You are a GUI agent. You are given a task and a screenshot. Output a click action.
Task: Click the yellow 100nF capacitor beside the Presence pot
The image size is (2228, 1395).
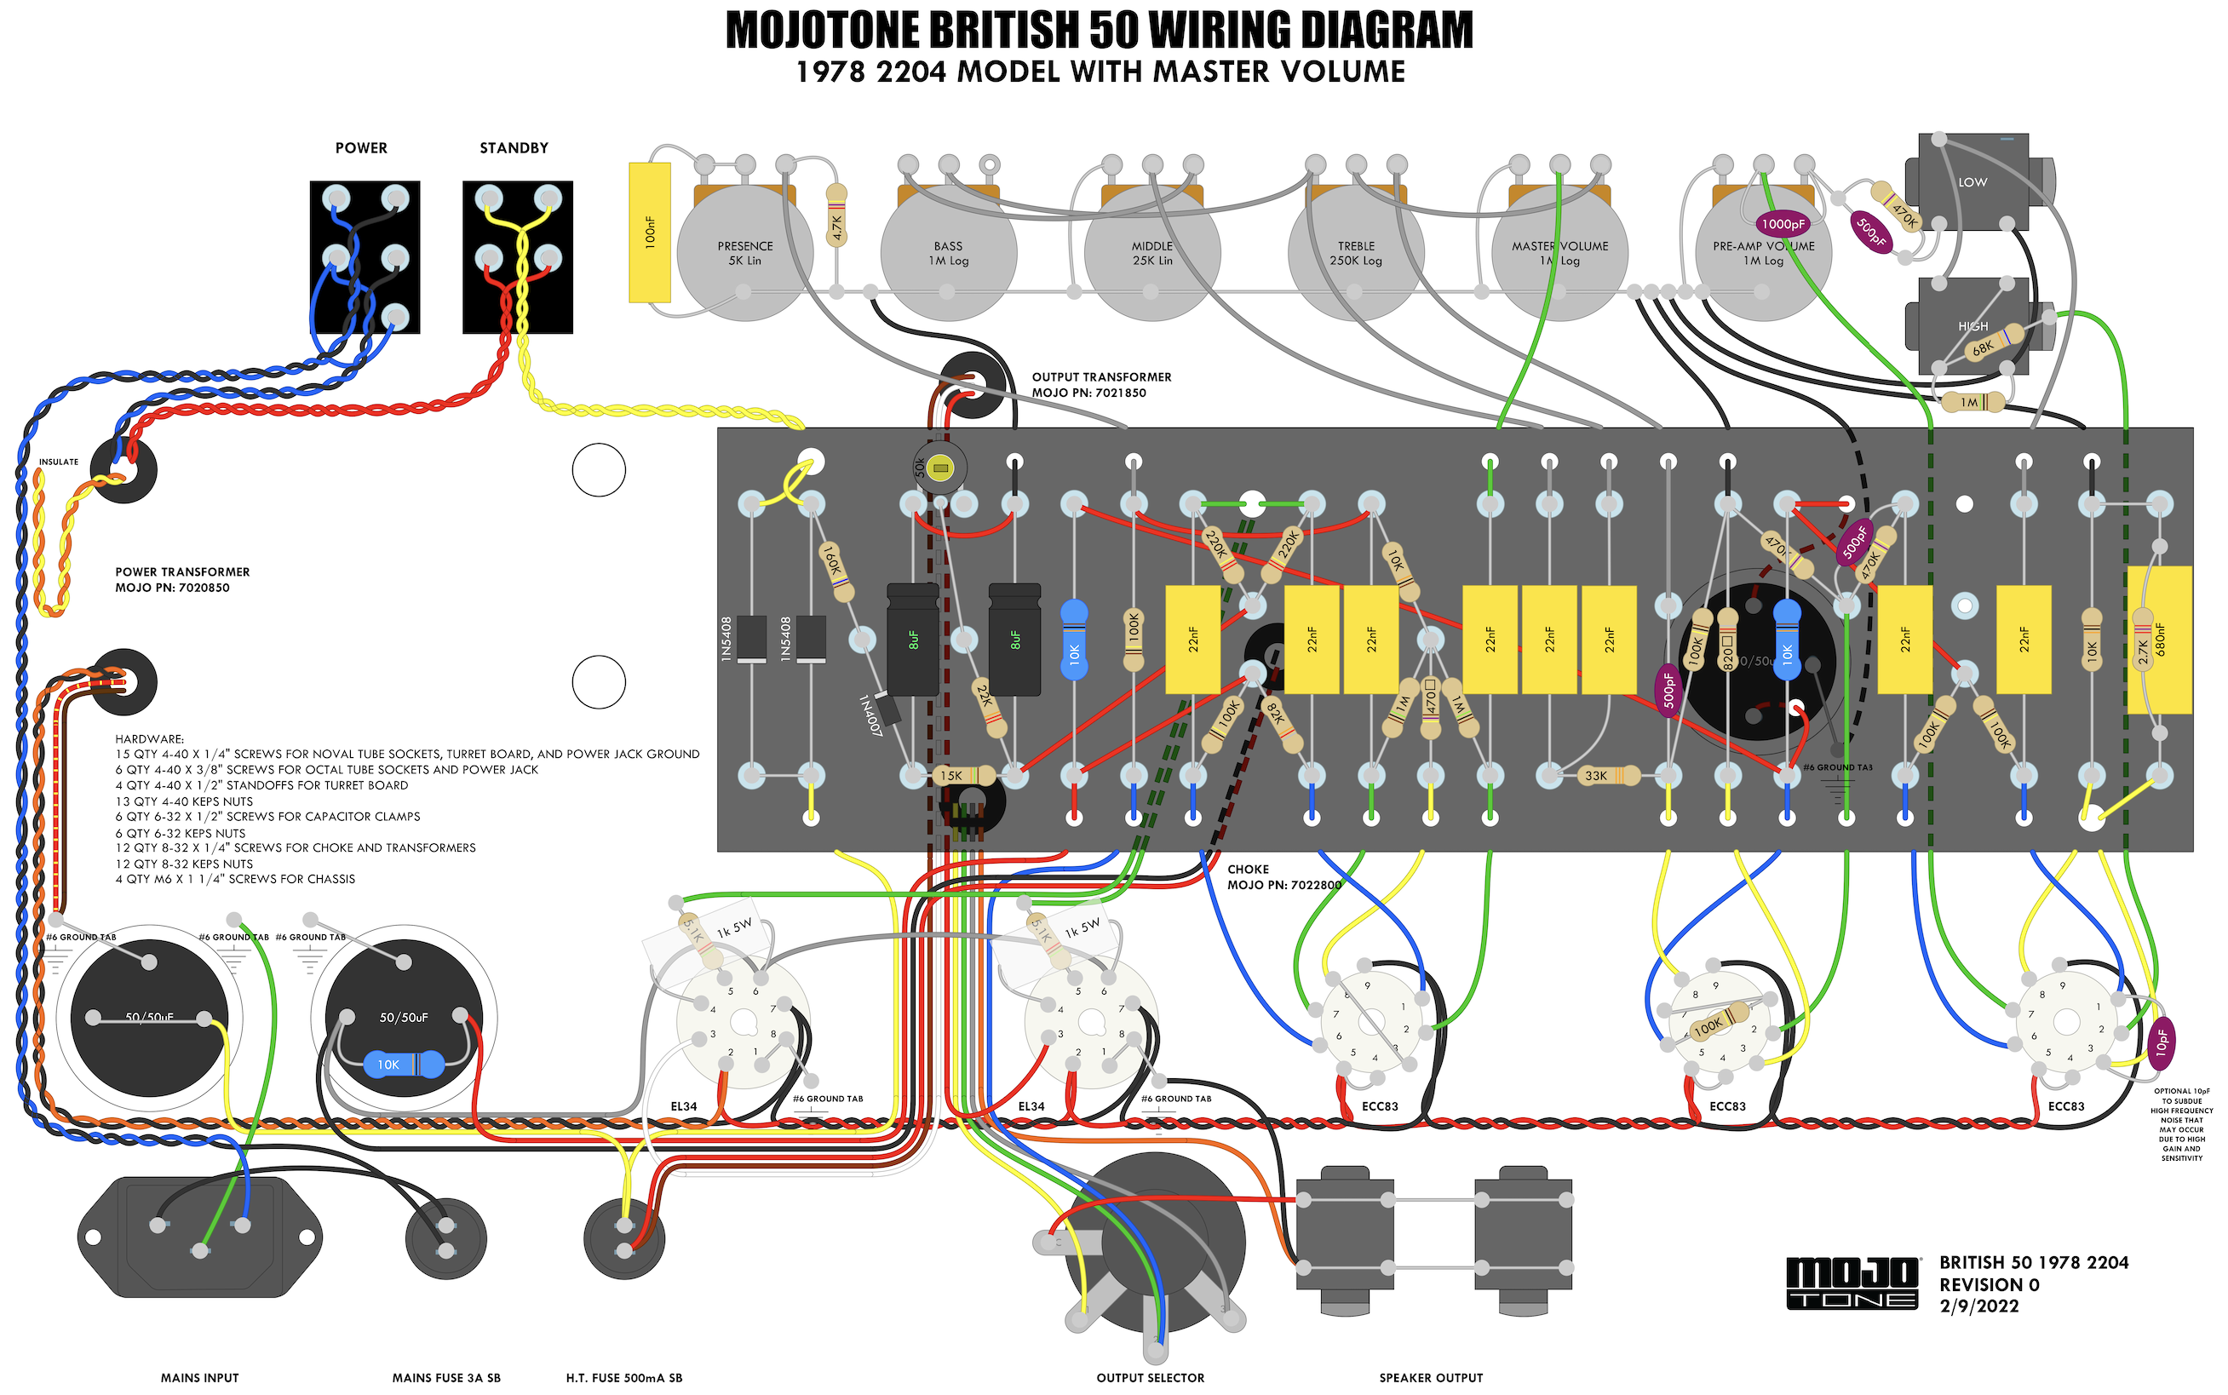[649, 232]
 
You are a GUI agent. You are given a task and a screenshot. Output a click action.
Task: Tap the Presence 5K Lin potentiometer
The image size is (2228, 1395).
[744, 253]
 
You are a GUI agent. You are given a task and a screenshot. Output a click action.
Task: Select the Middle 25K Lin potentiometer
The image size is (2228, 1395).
[1151, 253]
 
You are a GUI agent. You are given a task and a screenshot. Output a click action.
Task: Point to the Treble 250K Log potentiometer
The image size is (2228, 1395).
[1355, 253]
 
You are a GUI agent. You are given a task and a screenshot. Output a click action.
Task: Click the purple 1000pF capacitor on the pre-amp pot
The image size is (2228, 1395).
[1783, 223]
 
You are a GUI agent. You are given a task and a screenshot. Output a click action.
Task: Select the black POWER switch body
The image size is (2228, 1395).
[365, 256]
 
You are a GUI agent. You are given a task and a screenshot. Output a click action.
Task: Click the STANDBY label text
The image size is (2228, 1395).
[514, 147]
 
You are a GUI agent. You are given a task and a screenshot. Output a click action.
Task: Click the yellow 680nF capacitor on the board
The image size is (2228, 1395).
[2159, 640]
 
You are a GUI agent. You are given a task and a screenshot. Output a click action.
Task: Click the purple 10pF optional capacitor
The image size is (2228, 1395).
[2162, 1043]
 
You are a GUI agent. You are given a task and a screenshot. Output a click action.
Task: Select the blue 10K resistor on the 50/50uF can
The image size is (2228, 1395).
[403, 1065]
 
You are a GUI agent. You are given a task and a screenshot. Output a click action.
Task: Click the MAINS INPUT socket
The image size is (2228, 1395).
[200, 1237]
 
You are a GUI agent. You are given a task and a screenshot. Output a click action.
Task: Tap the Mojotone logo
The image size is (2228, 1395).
[1853, 1283]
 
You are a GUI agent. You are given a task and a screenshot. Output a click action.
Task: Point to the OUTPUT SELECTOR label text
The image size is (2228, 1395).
[1150, 1377]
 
